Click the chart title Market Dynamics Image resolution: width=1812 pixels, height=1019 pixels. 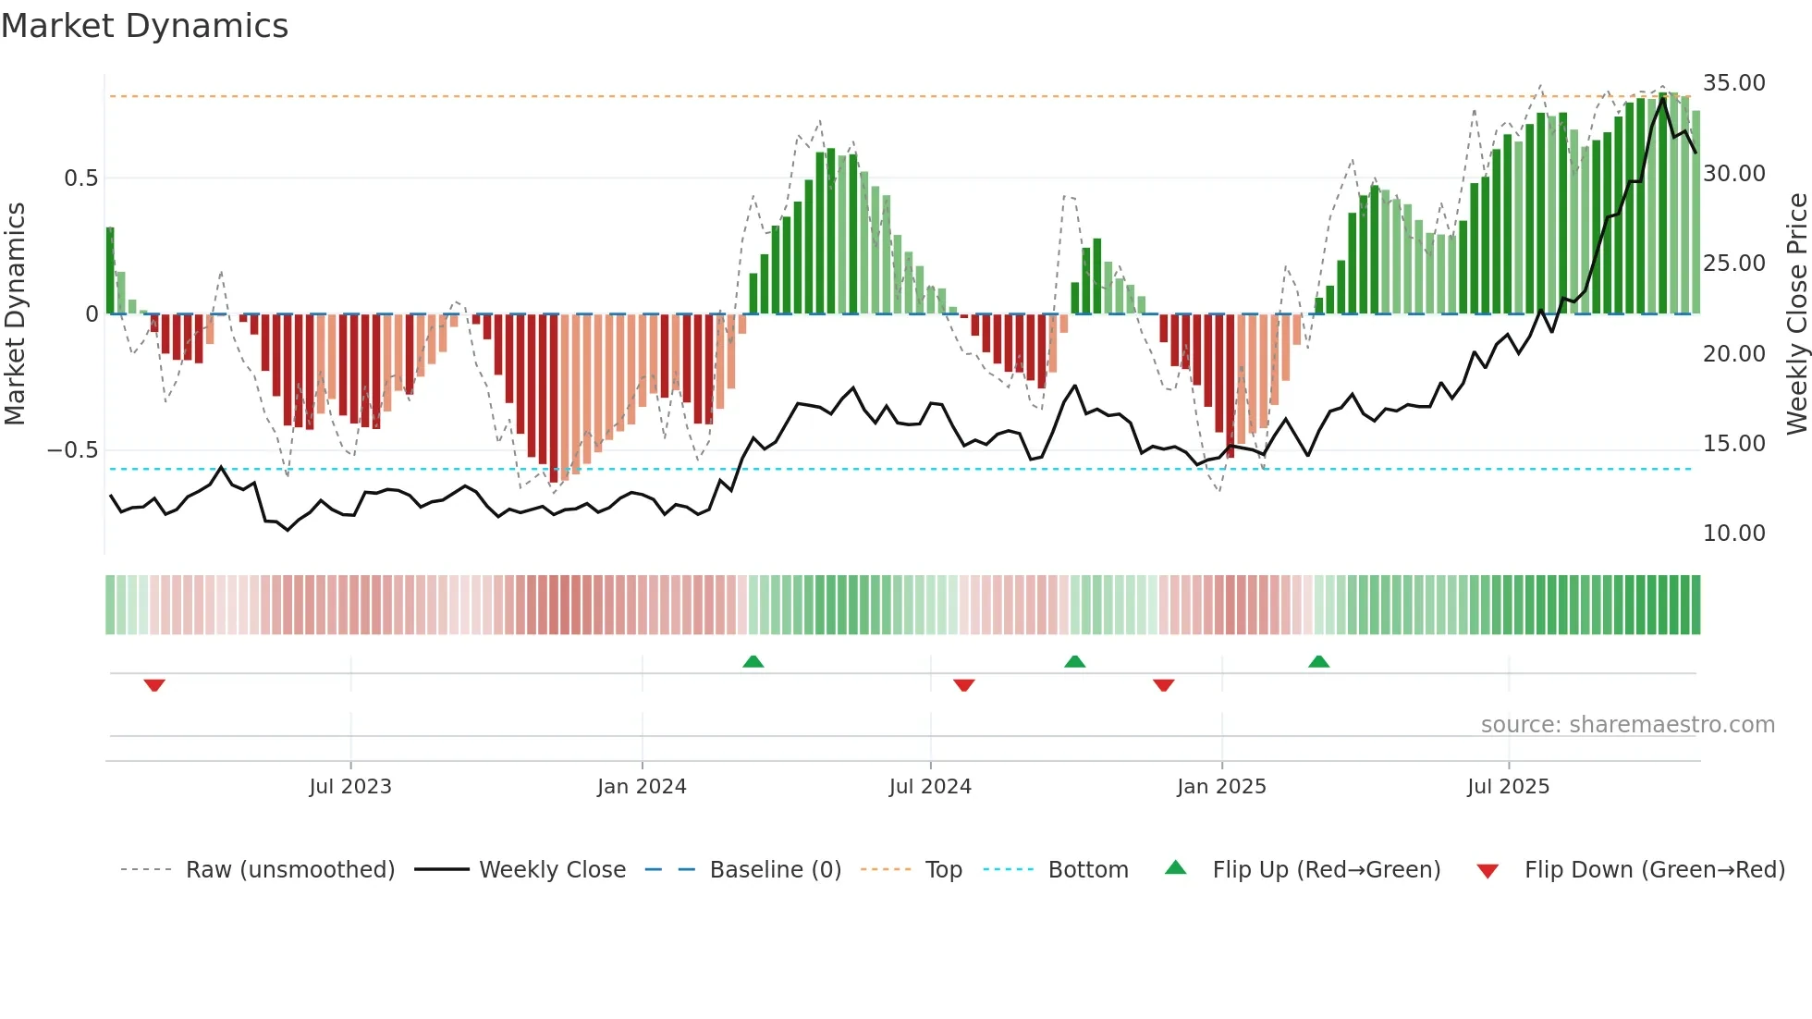pos(145,26)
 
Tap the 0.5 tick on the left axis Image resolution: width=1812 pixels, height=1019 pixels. pos(80,178)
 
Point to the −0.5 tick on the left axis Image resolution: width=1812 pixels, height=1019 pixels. pos(73,450)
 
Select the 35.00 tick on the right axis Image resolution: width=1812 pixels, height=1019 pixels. pos(1733,83)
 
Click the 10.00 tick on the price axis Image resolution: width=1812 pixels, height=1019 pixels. pos(1733,534)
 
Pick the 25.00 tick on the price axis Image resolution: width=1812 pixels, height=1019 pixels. pos(1733,264)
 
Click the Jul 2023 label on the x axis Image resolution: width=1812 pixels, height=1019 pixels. pos(350,787)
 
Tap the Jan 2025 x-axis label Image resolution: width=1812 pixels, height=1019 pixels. pos(1221,787)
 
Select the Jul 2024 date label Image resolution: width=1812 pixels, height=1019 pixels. pos(930,787)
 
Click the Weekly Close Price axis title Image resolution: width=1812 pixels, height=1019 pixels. pos(1796,314)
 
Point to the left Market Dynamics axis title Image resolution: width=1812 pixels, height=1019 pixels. pos(15,314)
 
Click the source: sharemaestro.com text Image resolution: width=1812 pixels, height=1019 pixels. pos(1627,725)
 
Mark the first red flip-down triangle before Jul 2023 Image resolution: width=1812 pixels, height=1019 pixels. pos(154,685)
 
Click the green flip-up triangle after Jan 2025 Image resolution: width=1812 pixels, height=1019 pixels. pos(1318,661)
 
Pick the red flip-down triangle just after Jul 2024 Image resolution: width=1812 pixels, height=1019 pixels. pos(963,685)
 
